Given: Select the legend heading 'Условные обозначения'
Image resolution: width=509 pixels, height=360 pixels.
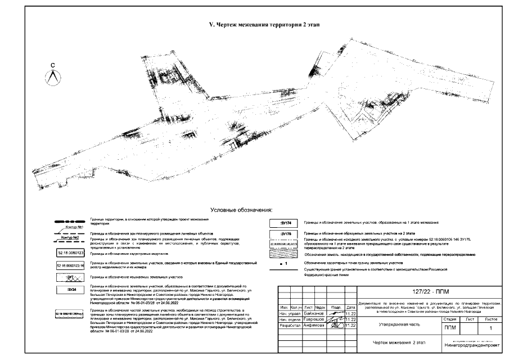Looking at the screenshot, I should (240, 209).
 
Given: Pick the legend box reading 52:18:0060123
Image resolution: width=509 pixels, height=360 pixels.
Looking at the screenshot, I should (70, 254).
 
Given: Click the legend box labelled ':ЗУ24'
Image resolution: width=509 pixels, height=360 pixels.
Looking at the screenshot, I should (71, 290).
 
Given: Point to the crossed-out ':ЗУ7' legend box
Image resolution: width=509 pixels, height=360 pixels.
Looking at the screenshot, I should (71, 277).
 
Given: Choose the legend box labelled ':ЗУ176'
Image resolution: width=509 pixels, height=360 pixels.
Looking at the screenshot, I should (285, 233).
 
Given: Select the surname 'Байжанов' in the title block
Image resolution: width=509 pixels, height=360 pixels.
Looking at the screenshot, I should (313, 313).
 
